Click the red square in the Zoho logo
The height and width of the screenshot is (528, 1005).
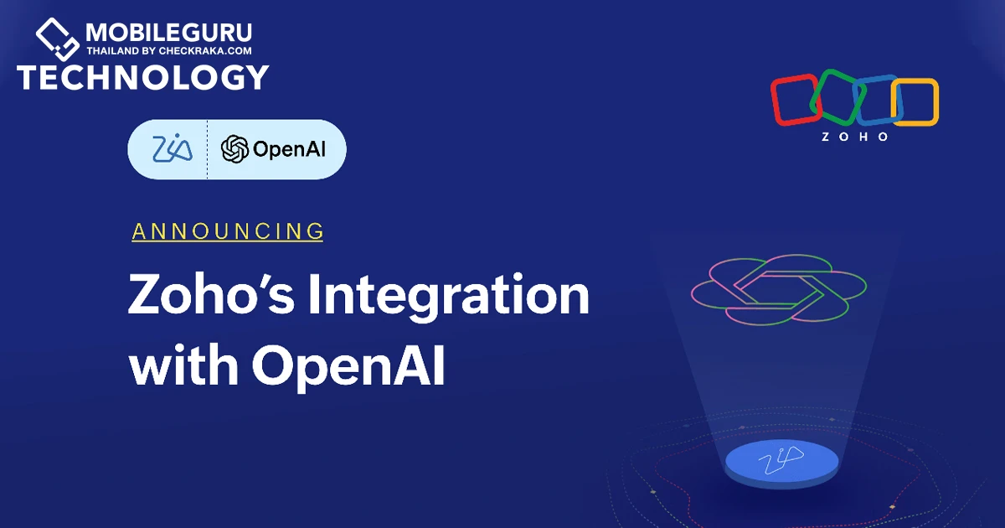pyautogui.click(x=773, y=100)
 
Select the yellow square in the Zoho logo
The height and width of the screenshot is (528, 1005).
pyautogui.click(x=936, y=102)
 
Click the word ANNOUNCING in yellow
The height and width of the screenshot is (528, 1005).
pyautogui.click(x=228, y=231)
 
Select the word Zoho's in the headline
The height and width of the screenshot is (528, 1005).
pyautogui.click(x=211, y=293)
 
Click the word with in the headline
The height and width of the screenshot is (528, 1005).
pyautogui.click(x=183, y=364)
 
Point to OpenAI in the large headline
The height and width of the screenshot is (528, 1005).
pyautogui.click(x=348, y=366)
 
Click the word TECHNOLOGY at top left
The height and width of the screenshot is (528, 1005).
pyautogui.click(x=143, y=77)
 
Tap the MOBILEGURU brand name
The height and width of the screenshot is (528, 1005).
pyautogui.click(x=168, y=34)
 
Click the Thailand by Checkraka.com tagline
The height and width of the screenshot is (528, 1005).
pyautogui.click(x=169, y=51)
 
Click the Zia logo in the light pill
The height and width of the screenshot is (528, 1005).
pyautogui.click(x=173, y=148)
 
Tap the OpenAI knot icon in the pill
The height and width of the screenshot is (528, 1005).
pyautogui.click(x=234, y=149)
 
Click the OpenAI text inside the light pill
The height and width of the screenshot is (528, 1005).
pyautogui.click(x=289, y=149)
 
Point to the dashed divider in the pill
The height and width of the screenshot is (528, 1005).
pyautogui.click(x=208, y=149)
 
